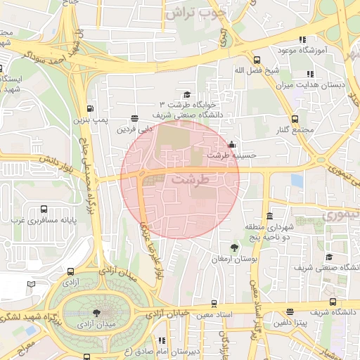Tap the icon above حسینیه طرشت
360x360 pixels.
click(231, 145)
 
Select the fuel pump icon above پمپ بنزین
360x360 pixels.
click(89, 108)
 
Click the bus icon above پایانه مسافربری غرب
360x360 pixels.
click(44, 209)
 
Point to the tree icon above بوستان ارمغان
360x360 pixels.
click(233, 247)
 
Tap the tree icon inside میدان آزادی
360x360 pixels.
click(96, 314)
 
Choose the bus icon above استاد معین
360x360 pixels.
click(214, 304)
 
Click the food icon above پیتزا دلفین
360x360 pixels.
click(290, 311)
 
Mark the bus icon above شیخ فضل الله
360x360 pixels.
click(257, 60)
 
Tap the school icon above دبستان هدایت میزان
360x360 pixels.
click(309, 74)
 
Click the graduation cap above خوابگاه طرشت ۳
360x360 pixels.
click(186, 95)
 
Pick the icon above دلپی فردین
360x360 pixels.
click(134, 119)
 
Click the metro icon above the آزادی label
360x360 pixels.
click(70, 271)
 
